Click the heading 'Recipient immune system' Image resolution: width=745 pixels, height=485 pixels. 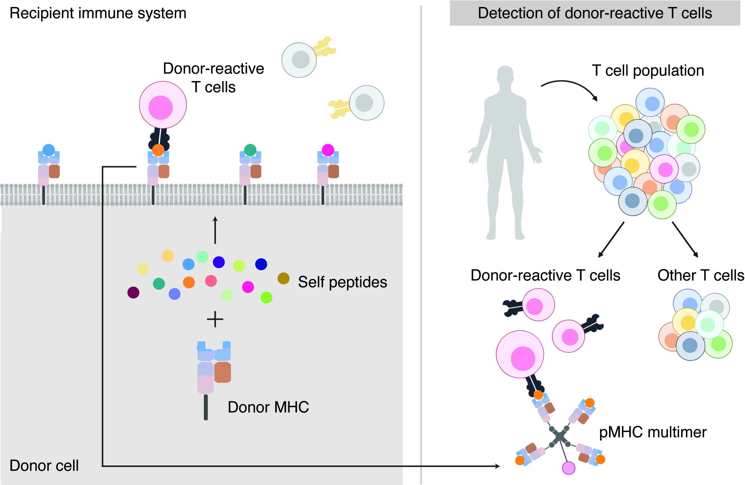(x=98, y=13)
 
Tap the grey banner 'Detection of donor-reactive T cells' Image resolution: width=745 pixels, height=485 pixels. (x=595, y=13)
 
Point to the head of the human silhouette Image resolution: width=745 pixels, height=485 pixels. (x=505, y=75)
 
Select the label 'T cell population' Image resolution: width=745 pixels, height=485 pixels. (x=648, y=70)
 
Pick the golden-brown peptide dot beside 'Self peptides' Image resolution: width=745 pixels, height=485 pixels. (x=283, y=278)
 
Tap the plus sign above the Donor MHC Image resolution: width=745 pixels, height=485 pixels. (x=215, y=320)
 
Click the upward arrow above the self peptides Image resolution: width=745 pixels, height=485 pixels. (x=215, y=230)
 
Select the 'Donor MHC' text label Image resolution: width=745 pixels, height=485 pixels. (x=268, y=407)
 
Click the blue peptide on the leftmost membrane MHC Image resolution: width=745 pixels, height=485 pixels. (x=49, y=150)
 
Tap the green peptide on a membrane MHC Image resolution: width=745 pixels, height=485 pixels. (x=250, y=150)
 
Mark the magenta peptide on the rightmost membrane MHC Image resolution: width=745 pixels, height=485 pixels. (x=328, y=150)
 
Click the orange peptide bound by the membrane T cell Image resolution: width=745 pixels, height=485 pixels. (x=158, y=150)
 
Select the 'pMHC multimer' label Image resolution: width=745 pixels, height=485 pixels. (x=653, y=432)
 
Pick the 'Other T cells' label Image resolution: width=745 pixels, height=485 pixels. (x=701, y=275)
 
